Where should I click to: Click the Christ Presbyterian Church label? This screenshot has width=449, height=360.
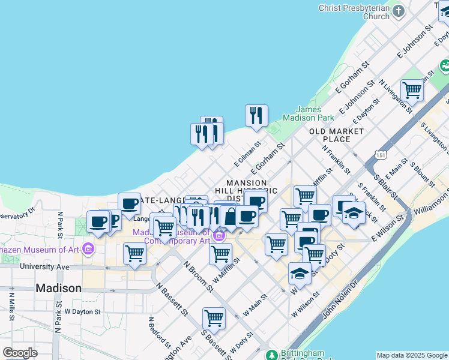tap(354, 12)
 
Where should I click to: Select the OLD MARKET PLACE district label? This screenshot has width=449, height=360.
tap(337, 135)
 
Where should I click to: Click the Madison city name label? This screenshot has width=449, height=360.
tap(58, 288)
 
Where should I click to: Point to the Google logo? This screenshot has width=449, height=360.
tap(20, 353)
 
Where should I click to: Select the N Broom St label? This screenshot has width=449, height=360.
tap(199, 276)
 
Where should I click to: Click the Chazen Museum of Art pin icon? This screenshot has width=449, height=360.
tap(88, 248)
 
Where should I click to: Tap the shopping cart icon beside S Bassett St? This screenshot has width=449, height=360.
tap(213, 317)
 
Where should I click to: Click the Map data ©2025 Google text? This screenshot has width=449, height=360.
tap(412, 355)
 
